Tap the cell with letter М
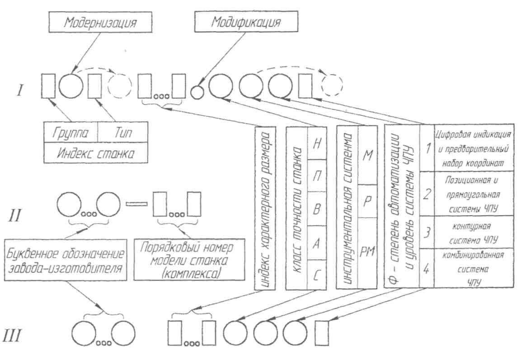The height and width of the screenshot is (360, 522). coord(367,145)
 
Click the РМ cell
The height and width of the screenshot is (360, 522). coord(367,252)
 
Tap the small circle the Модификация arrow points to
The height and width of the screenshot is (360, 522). coord(197,92)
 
